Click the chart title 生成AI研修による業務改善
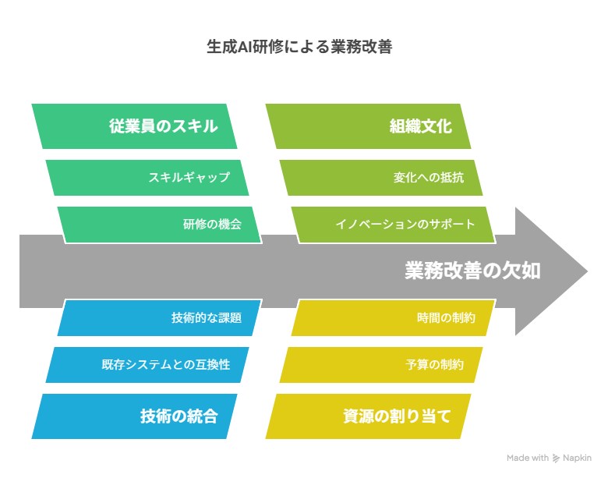pyautogui.click(x=299, y=47)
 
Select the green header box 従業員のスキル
pyautogui.click(x=134, y=126)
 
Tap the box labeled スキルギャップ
pyautogui.click(x=147, y=178)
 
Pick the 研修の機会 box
pyautogui.click(x=160, y=225)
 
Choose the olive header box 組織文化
pyautogui.click(x=369, y=126)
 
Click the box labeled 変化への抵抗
pyautogui.click(x=381, y=178)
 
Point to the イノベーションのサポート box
pyautogui.click(x=394, y=225)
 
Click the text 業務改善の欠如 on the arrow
pyautogui.click(x=472, y=271)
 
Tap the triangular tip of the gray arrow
pyautogui.click(x=587, y=271)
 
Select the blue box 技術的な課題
pyautogui.click(x=160, y=318)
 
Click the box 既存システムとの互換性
pyautogui.click(x=147, y=365)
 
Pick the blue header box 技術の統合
pyautogui.click(x=134, y=416)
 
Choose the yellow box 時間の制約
pyautogui.click(x=394, y=318)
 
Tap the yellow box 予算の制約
pyautogui.click(x=381, y=365)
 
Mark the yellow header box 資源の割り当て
pyautogui.click(x=369, y=416)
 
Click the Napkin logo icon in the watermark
pyautogui.click(x=556, y=459)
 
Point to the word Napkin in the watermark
pyautogui.click(x=577, y=459)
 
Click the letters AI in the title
pyautogui.click(x=245, y=47)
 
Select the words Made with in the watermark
pyautogui.click(x=528, y=458)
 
